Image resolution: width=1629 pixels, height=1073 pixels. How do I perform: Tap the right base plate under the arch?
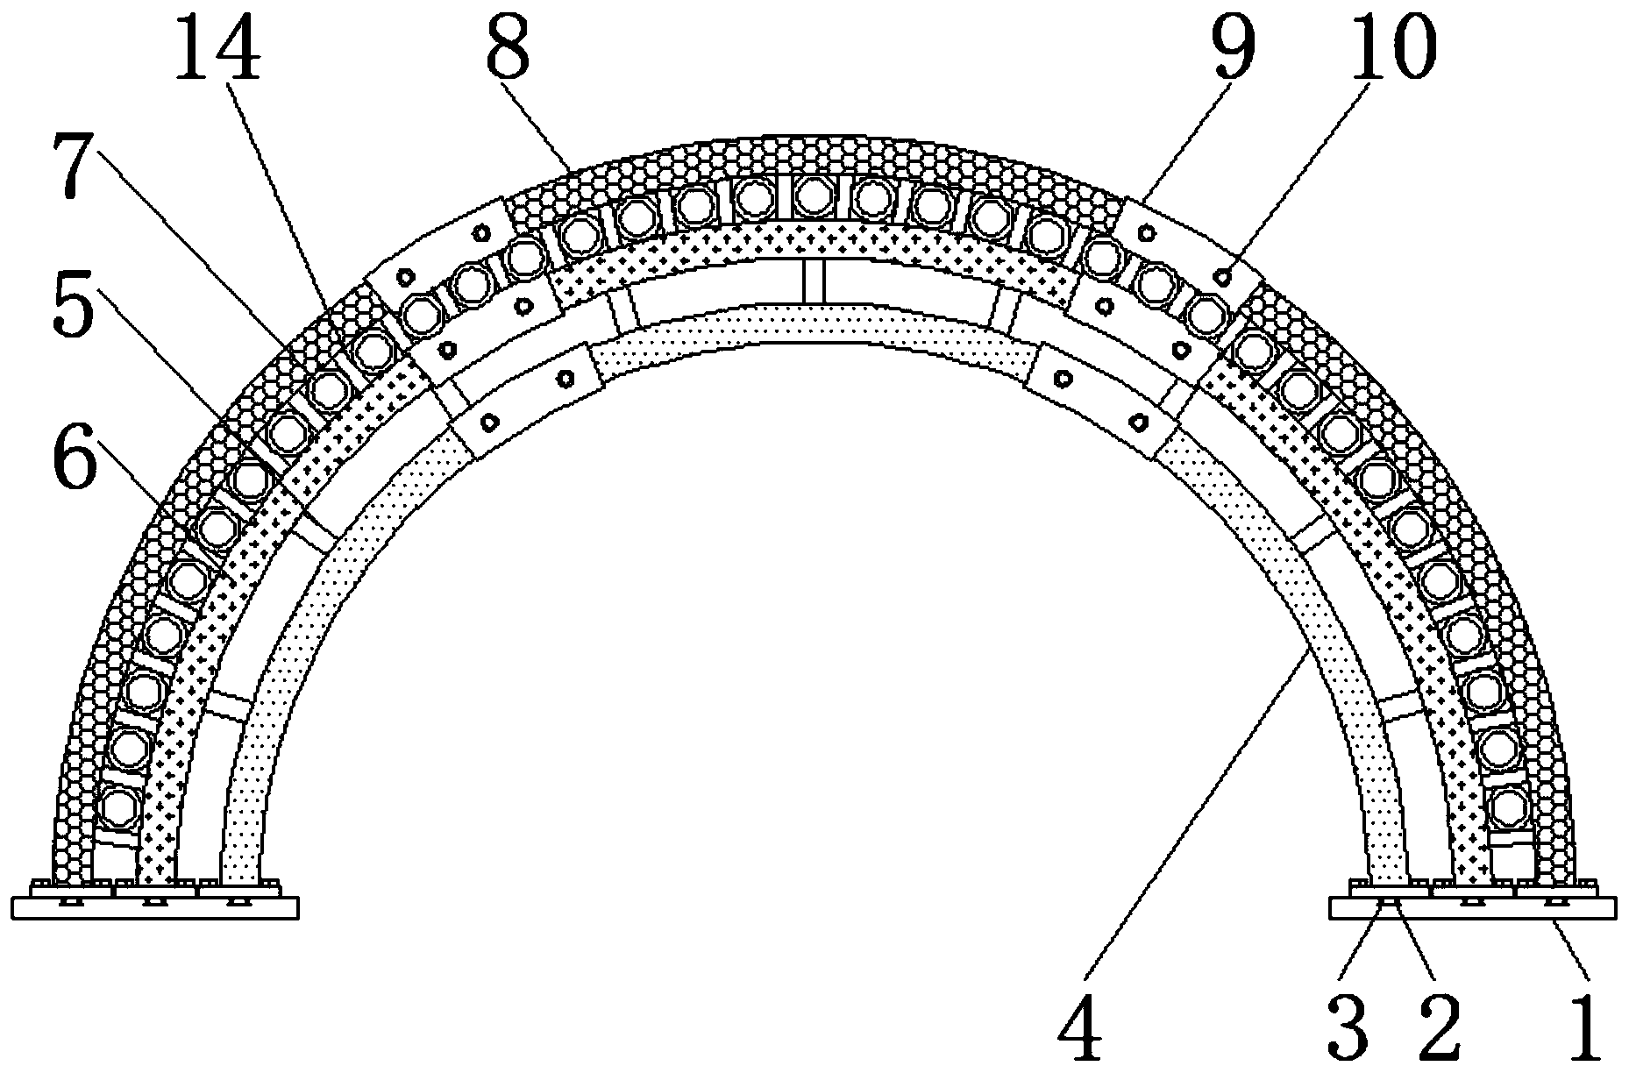[x=1472, y=908]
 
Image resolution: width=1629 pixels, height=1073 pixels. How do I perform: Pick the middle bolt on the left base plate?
[x=155, y=901]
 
